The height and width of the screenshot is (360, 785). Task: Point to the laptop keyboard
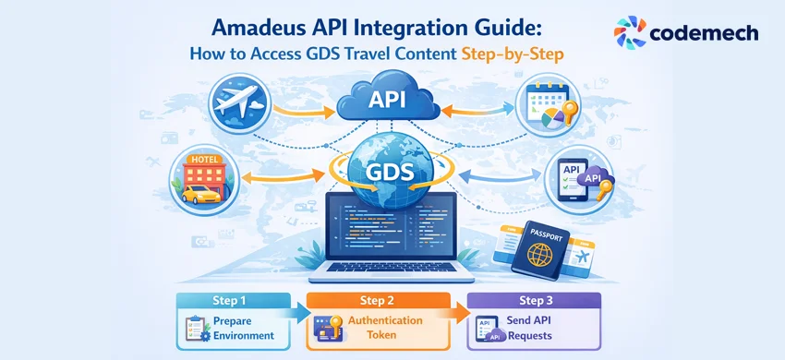392,270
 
